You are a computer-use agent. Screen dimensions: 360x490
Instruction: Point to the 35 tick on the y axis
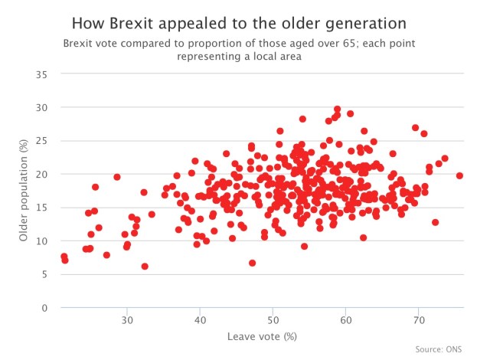[42, 74]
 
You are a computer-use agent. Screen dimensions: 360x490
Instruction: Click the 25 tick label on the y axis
[42, 141]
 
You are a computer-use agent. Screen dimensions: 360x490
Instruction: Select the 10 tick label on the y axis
[42, 241]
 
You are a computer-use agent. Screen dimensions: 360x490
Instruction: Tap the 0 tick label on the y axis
[45, 308]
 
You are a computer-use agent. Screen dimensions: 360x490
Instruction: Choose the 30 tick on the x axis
[127, 319]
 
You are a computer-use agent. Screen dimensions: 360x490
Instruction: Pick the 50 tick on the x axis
[273, 319]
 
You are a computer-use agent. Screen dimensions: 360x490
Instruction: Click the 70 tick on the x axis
[419, 319]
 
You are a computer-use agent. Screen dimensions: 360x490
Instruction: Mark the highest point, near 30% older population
[337, 110]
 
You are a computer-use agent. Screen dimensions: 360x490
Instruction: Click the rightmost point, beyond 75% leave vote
[459, 175]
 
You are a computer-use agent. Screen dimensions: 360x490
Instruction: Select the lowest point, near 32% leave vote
[145, 267]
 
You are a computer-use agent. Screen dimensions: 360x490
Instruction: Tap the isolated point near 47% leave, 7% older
[252, 263]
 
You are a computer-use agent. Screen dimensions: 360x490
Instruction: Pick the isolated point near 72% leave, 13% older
[435, 222]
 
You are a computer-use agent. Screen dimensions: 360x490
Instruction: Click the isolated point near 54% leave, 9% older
[304, 246]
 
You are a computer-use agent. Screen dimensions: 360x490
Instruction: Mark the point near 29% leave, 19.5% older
[117, 177]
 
